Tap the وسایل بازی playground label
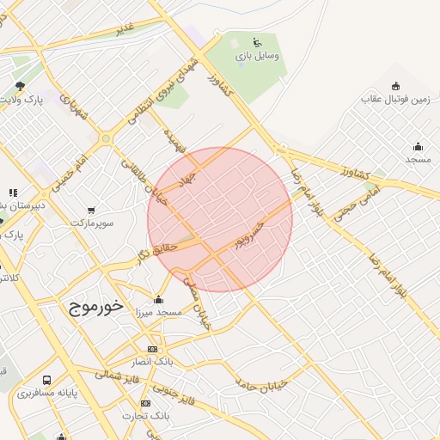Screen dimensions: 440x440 pyautogui.click(x=258, y=56)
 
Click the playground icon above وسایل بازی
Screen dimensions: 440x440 pyautogui.click(x=257, y=42)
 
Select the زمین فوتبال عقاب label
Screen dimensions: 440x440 pyautogui.click(x=395, y=100)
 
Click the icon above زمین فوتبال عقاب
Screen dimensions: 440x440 pyautogui.click(x=395, y=86)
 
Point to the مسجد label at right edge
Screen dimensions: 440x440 pyautogui.click(x=419, y=160)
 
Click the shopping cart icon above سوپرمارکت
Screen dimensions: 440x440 pyautogui.click(x=92, y=210)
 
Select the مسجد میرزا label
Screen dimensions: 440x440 pyautogui.click(x=158, y=314)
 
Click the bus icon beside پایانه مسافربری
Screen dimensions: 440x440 pyautogui.click(x=46, y=380)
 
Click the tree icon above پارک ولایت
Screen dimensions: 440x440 pyautogui.click(x=20, y=86)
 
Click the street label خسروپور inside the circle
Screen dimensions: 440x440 pyautogui.click(x=259, y=232)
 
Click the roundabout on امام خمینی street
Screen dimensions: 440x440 pyautogui.click(x=106, y=137)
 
